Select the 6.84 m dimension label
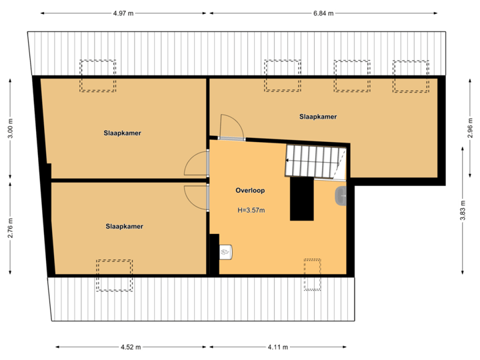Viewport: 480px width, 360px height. [324, 13]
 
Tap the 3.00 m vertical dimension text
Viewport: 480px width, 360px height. [10, 129]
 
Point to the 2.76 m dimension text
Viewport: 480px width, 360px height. [10, 227]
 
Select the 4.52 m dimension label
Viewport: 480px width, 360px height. [131, 347]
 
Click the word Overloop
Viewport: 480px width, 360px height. [250, 191]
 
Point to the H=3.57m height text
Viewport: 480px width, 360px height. [251, 211]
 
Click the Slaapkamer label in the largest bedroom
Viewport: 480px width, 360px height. [318, 117]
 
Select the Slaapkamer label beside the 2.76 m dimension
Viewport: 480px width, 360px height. [124, 227]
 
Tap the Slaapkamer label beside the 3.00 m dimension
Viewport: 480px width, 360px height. [122, 133]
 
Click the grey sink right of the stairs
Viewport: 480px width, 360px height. [341, 195]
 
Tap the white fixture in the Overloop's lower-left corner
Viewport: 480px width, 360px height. [225, 252]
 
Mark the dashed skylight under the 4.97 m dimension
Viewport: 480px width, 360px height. [99, 75]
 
